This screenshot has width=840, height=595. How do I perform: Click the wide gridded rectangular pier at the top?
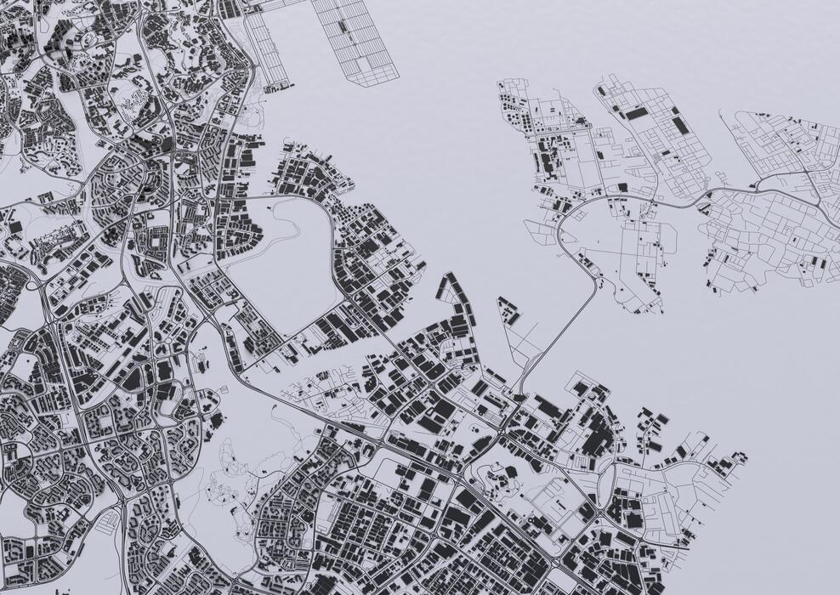point(355,38)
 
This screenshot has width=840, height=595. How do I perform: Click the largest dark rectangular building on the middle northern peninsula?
point(636,112)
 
